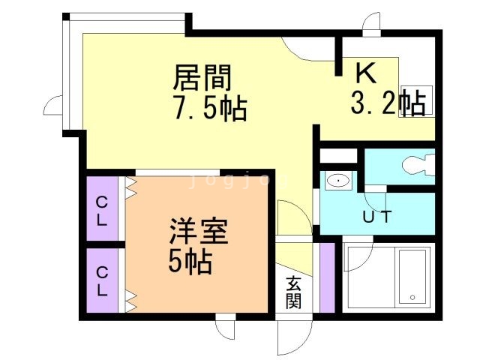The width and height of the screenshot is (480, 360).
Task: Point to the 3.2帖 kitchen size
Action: click(388, 103)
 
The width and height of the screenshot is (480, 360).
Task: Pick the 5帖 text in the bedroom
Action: click(189, 262)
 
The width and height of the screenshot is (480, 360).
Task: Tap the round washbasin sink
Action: click(338, 181)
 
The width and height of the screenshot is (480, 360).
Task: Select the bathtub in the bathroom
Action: click(412, 275)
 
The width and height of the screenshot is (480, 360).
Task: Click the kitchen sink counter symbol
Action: click(417, 97)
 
